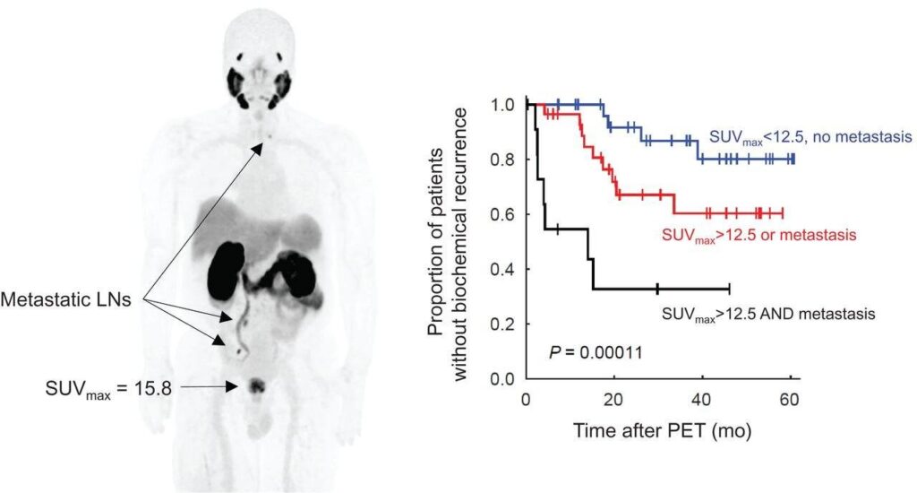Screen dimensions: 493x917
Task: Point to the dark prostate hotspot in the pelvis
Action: (257, 386)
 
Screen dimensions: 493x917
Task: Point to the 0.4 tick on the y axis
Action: (508, 269)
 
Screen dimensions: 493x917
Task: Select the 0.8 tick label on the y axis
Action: (508, 160)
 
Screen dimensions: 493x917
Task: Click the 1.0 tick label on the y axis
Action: (508, 105)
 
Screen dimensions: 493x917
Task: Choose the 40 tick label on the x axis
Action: (702, 397)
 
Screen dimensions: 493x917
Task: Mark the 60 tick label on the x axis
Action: (790, 397)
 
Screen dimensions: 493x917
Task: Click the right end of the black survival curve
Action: (729, 289)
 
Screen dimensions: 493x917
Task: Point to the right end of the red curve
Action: (782, 213)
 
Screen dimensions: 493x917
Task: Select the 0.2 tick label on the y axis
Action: (508, 324)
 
